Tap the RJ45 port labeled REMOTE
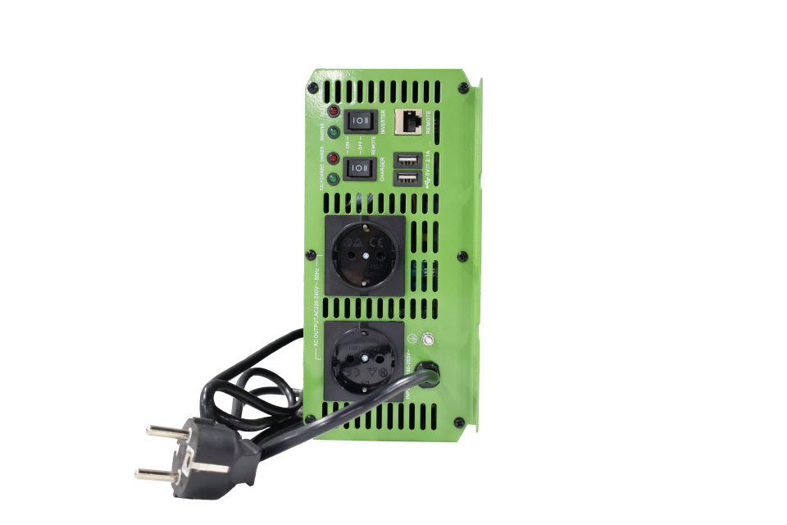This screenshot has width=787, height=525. (407, 121)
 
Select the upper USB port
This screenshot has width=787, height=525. (407, 161)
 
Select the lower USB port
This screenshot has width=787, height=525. (407, 178)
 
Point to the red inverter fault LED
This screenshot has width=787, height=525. (334, 112)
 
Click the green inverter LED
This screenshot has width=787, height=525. (334, 132)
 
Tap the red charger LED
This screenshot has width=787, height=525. (334, 158)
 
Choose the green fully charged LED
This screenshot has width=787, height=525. (334, 178)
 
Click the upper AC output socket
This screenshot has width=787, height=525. (364, 253)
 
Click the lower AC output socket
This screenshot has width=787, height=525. (363, 361)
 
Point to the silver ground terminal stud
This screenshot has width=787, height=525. (425, 338)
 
